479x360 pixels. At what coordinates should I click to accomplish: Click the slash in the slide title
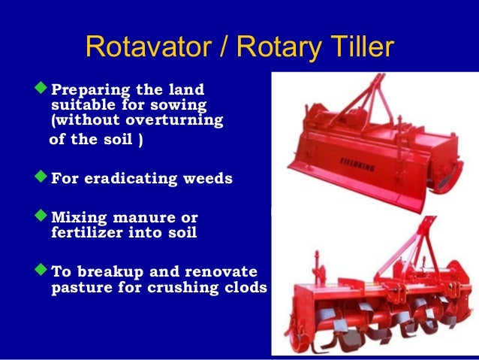tap(223, 47)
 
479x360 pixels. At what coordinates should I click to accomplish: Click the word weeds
tap(206, 180)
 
